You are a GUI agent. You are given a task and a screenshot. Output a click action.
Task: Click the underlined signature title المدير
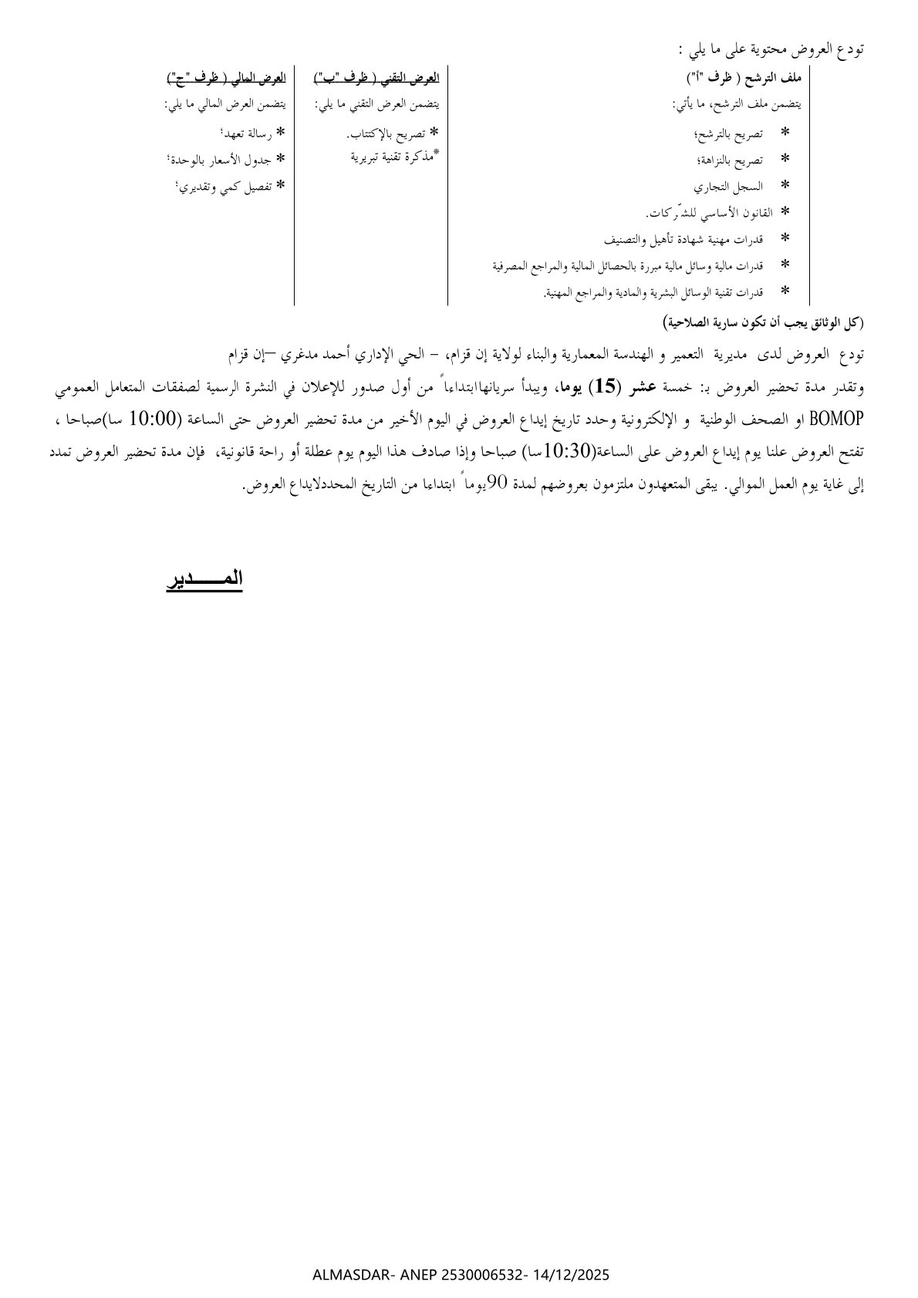click(x=204, y=579)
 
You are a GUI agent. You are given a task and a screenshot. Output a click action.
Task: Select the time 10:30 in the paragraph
click(x=565, y=450)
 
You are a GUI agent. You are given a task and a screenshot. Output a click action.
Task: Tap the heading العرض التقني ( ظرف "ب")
click(x=376, y=78)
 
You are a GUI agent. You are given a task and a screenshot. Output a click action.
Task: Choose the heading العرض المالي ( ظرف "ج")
click(x=226, y=78)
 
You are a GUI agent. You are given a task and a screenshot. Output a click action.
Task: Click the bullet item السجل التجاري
click(x=740, y=186)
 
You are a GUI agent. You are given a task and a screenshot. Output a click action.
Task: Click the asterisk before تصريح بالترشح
click(x=785, y=133)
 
